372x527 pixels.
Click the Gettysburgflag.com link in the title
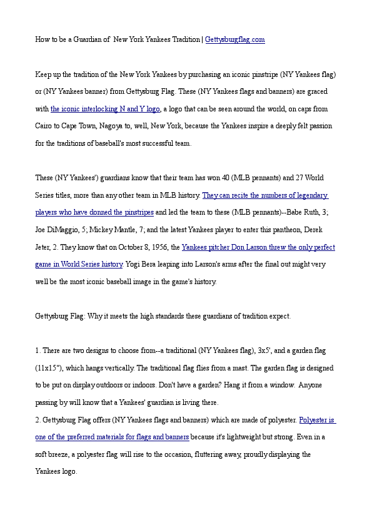click(235, 39)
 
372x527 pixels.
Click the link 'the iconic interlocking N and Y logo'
click(105, 108)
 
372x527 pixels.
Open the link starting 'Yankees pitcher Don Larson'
click(258, 247)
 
